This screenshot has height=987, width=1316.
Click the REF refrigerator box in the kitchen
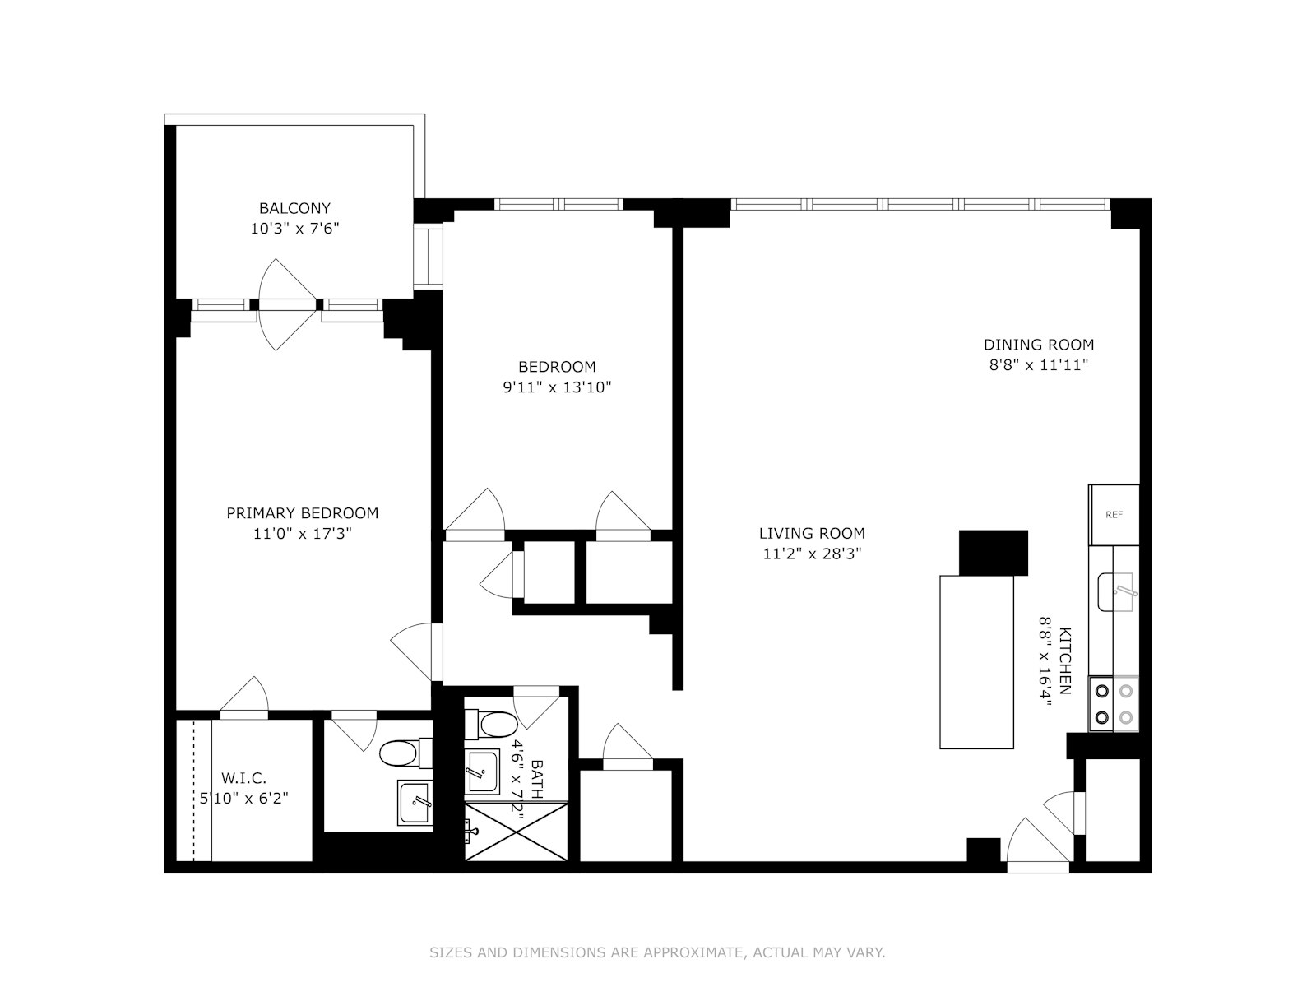coord(1114,515)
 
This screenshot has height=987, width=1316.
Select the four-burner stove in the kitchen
coord(1114,704)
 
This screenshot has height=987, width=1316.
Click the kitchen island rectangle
coord(976,662)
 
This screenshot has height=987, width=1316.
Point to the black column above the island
coord(994,553)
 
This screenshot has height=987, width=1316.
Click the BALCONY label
coord(294,208)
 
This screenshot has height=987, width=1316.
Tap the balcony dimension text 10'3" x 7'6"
coord(294,229)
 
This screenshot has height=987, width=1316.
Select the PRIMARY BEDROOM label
coord(302,513)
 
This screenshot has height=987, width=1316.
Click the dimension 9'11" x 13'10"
coord(557,387)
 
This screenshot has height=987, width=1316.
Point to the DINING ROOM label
coord(1039,345)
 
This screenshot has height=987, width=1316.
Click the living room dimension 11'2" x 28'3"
coord(812,554)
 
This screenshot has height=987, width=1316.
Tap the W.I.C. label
coord(243,777)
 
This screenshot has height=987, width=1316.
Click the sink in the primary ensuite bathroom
coord(414,802)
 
